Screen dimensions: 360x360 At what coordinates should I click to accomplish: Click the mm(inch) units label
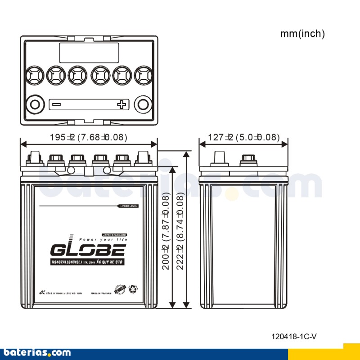302,34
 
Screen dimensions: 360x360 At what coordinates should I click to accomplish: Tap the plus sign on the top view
121,105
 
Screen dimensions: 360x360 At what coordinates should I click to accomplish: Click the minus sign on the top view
56,105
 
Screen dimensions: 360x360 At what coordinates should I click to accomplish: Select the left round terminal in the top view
34,105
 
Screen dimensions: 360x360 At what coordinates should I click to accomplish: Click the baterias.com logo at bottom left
36,352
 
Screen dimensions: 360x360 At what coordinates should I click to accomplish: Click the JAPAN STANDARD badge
114,235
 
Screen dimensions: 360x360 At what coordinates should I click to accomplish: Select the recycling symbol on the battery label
134,288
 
